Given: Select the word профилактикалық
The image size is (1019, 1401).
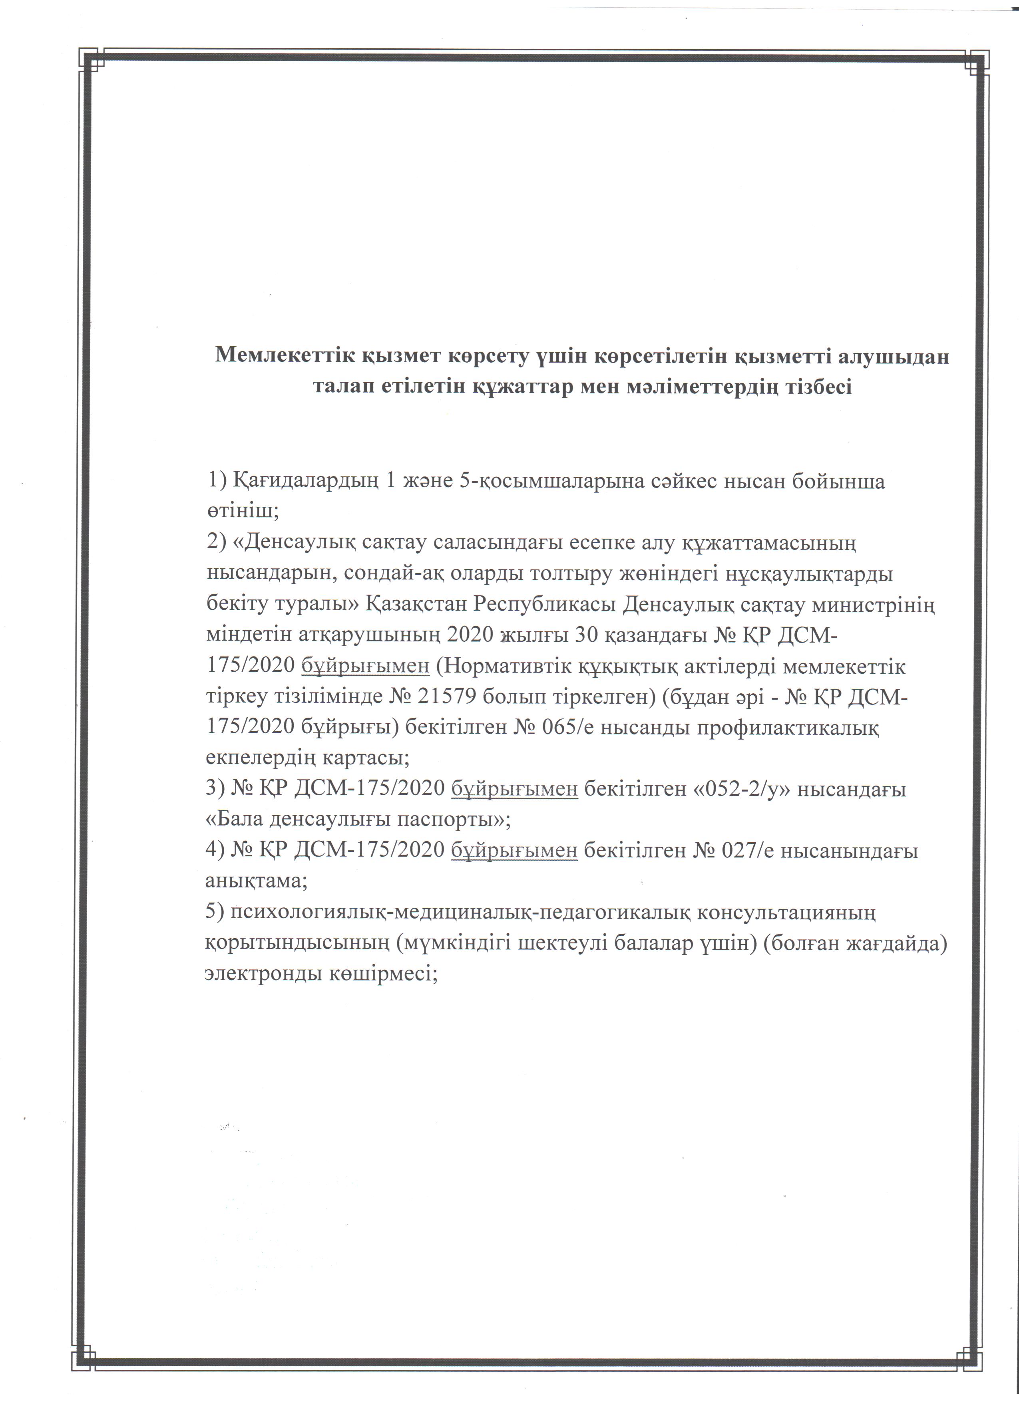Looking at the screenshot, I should (x=788, y=728).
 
